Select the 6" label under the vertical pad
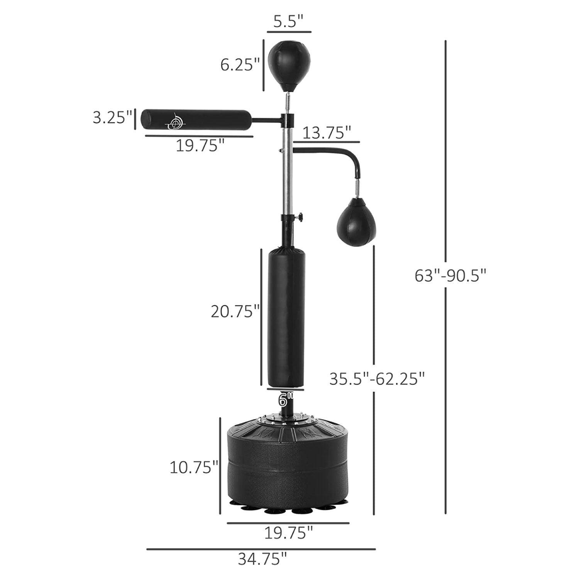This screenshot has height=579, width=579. pos(286,400)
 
